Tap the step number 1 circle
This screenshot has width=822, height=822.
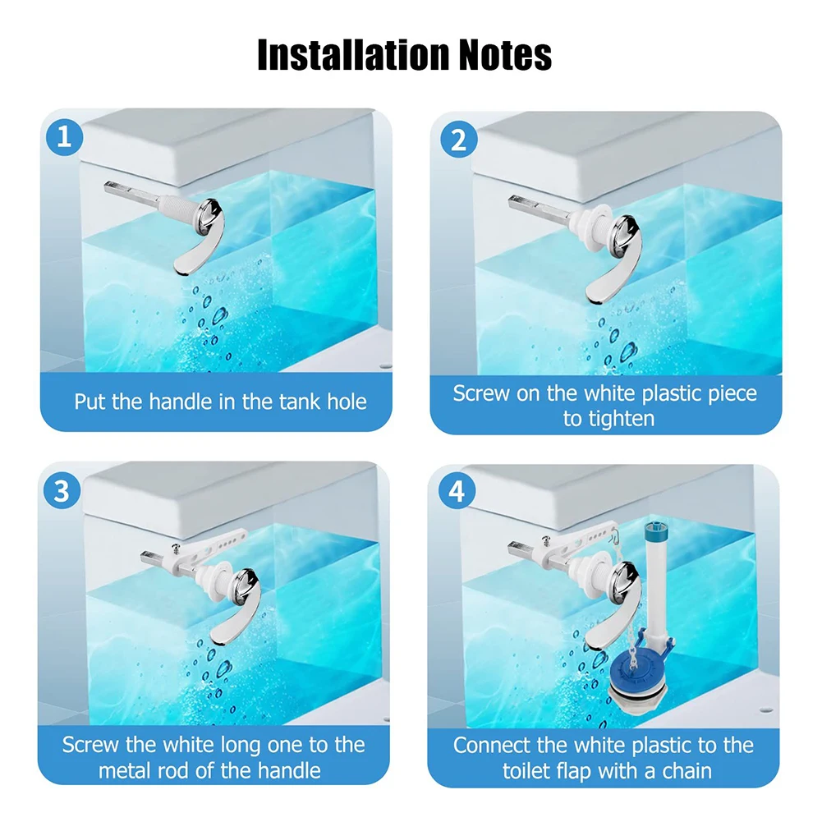pyautogui.click(x=65, y=137)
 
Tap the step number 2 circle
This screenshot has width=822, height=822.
pyautogui.click(x=458, y=140)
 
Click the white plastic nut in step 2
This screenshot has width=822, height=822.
pyautogui.click(x=592, y=220)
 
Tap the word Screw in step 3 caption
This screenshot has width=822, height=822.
pyautogui.click(x=89, y=745)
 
